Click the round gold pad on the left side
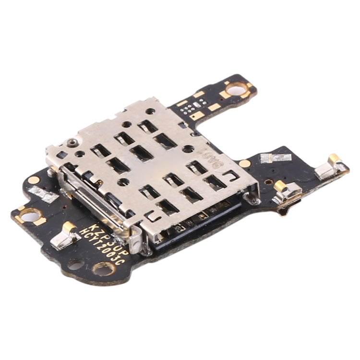[34, 180]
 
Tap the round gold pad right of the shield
[245, 163]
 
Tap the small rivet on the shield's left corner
[72, 143]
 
